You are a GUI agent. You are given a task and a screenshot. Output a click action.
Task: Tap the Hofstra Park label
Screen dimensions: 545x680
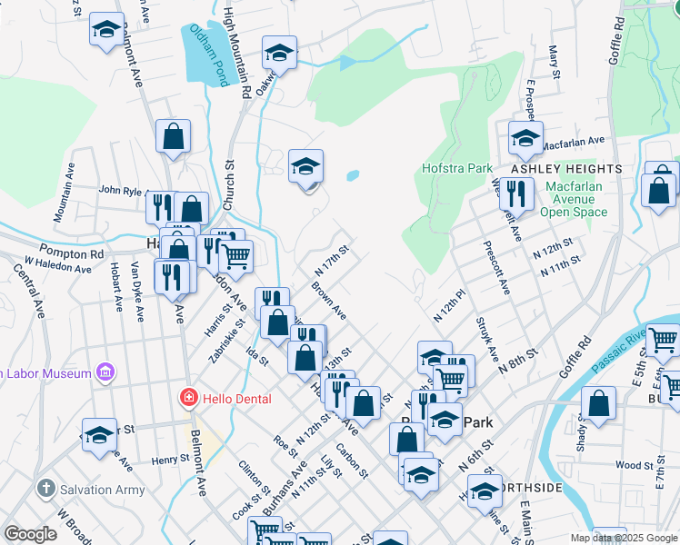(x=457, y=168)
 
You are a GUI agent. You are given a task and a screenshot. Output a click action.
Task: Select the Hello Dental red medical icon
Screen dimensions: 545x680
(x=188, y=398)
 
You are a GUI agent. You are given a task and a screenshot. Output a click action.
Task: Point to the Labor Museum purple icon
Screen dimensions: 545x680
(x=106, y=372)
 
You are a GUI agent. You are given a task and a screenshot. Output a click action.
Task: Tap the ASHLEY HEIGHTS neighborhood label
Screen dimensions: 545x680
(x=565, y=169)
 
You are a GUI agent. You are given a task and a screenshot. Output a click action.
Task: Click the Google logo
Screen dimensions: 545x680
(x=30, y=533)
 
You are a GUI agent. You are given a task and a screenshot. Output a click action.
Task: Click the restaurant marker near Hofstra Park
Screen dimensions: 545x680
(x=515, y=193)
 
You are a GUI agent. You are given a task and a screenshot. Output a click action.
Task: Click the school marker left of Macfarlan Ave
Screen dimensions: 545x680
(x=525, y=137)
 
